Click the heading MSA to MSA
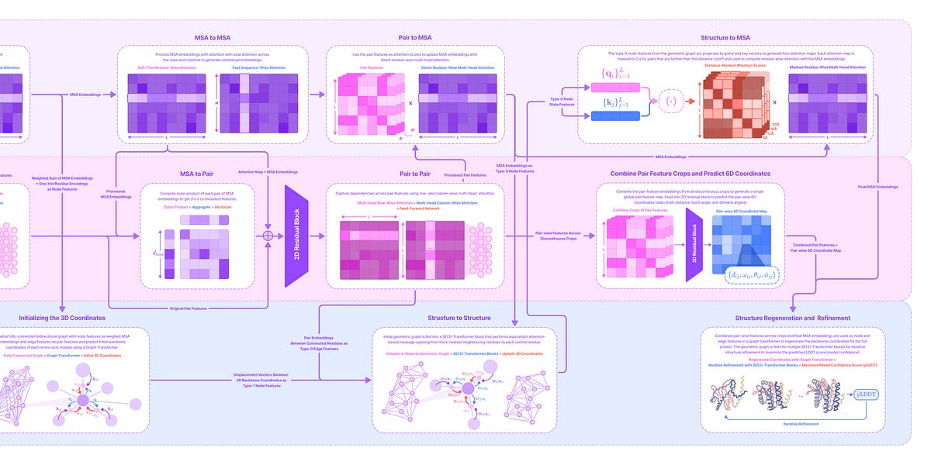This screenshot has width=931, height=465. tap(213, 36)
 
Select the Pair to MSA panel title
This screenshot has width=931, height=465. tap(415, 36)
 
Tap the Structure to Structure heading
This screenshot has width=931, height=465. tap(459, 317)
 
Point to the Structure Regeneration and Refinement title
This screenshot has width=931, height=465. tap(792, 318)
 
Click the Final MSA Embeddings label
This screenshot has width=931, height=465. tap(877, 187)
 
